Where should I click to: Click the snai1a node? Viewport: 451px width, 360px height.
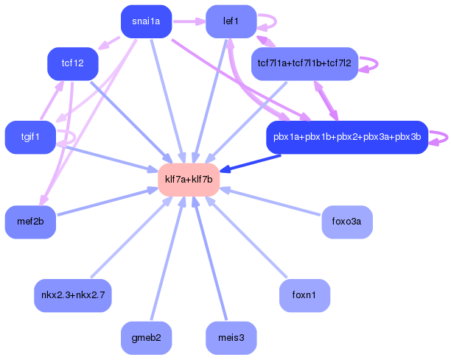(x=146, y=21)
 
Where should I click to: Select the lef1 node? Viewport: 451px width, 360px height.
(x=231, y=21)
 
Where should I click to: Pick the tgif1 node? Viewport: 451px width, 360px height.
(x=30, y=137)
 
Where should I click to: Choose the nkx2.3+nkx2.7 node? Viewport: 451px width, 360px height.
(x=73, y=295)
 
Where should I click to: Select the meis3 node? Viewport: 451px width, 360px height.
(x=231, y=338)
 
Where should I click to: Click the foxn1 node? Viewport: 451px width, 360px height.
(x=304, y=295)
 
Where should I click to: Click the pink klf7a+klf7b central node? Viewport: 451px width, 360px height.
(x=189, y=180)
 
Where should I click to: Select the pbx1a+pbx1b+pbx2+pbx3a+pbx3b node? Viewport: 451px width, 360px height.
(x=346, y=137)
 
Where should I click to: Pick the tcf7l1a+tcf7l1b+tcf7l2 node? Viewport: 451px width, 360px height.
(x=304, y=63)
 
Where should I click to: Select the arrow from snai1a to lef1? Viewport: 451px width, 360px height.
(x=189, y=21)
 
